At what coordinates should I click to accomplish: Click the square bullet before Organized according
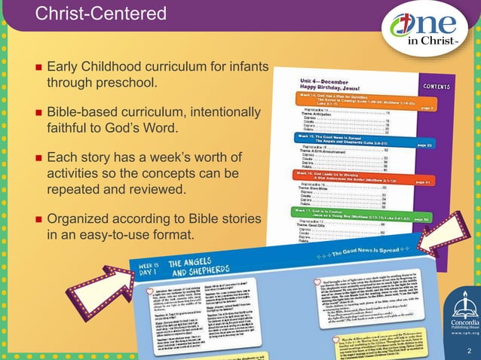coord(37,219)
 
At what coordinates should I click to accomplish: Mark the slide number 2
coord(468,350)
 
